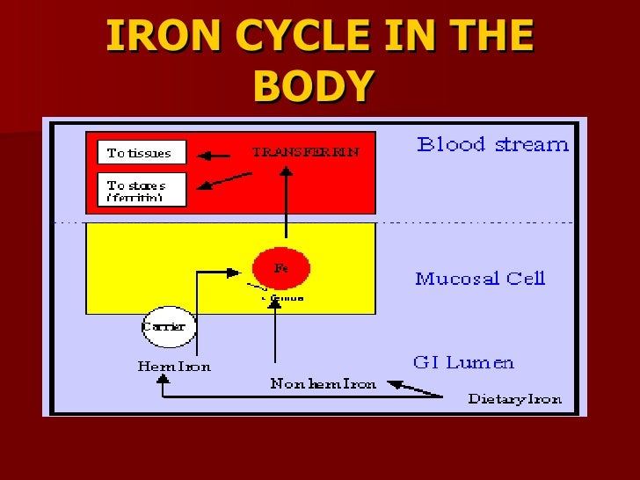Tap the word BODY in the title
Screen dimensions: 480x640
coord(314,86)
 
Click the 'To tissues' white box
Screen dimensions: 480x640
coord(142,153)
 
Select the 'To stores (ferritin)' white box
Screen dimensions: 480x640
coord(142,189)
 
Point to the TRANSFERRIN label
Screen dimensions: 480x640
coord(305,152)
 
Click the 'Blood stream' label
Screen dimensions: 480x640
coord(492,145)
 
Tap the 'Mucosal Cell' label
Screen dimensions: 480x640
coord(480,279)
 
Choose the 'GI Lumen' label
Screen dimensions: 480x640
coord(463,362)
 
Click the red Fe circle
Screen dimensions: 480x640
coord(281,269)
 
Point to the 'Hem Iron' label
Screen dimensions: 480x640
coord(174,366)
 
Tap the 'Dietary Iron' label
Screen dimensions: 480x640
coord(514,399)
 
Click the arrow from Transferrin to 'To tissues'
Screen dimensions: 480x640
coord(214,156)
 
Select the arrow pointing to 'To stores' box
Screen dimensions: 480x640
coord(224,181)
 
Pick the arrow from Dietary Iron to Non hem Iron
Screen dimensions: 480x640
coord(415,389)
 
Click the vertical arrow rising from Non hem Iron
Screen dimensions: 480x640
coord(276,334)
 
